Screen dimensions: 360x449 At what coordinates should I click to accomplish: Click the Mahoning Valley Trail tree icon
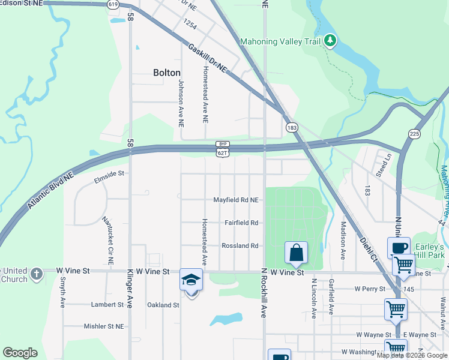330,41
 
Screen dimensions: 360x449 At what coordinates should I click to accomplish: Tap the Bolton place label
166,73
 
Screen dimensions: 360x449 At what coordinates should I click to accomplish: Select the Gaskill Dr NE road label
207,59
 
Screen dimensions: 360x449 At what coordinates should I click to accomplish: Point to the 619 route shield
113,4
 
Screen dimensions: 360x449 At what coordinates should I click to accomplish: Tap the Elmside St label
109,173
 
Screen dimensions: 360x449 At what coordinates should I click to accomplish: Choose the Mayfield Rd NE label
236,200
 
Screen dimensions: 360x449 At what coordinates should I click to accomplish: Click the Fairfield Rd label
241,223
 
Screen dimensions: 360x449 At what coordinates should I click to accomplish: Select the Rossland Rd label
240,246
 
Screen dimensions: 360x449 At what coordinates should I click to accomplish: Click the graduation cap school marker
191,280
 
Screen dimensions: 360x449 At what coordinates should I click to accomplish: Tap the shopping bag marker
297,253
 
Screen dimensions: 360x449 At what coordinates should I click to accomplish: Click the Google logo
19,353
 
